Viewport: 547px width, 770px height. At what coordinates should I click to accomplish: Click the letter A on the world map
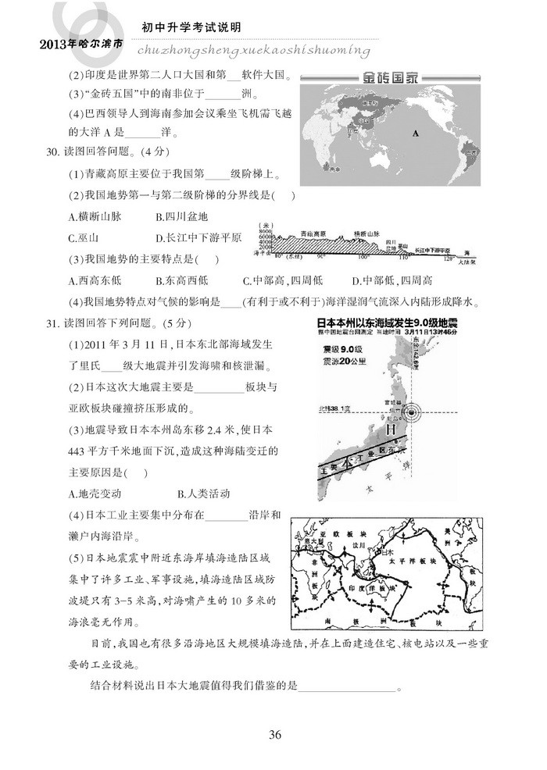[416, 133]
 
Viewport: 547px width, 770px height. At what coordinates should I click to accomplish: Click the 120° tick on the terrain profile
[447, 257]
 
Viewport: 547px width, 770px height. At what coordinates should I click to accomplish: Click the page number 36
[273, 733]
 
